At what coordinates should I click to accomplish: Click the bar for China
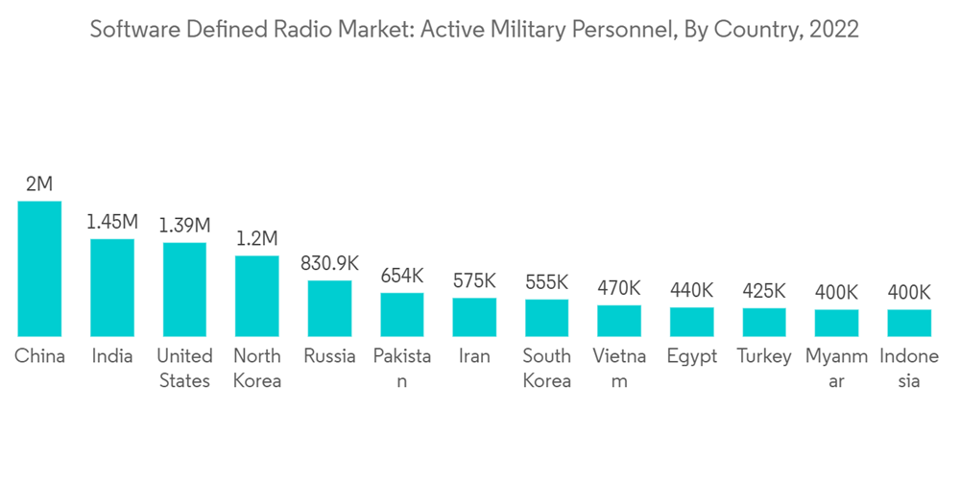tap(39, 269)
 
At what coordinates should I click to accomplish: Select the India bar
tap(112, 287)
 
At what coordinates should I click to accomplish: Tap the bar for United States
tap(184, 289)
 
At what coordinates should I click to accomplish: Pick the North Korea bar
tap(257, 296)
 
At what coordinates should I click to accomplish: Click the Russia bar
tap(329, 308)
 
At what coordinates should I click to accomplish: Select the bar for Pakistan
tap(402, 314)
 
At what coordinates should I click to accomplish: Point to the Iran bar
tap(474, 317)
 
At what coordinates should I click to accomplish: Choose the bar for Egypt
tap(691, 322)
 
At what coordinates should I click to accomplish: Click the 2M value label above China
tap(39, 183)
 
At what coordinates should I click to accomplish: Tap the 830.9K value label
tap(329, 263)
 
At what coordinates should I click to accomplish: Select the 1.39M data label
tap(184, 226)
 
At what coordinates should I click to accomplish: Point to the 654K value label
tap(402, 276)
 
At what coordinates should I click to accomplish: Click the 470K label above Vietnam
tap(619, 288)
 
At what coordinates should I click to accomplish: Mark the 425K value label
tap(764, 291)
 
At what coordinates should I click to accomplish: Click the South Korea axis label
tap(546, 368)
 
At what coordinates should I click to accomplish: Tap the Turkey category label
tap(764, 356)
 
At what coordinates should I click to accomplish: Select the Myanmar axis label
tap(836, 368)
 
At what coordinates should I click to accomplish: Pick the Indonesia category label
tap(908, 368)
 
